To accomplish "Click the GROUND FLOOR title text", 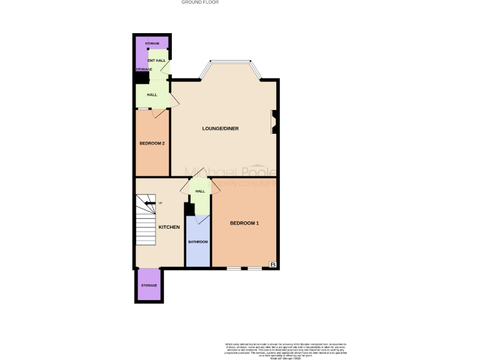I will click(x=200, y=2).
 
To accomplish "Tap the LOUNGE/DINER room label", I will click(x=220, y=129).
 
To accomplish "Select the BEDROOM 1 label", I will click(x=244, y=223).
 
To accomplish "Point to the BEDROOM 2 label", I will click(x=152, y=143).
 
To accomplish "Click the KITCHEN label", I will click(x=169, y=227).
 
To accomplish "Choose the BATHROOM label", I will click(x=198, y=242).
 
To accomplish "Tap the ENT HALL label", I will click(x=156, y=61).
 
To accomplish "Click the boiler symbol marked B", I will click(x=272, y=265).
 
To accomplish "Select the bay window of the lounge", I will click(x=231, y=62).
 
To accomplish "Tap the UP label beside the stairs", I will click(x=161, y=203).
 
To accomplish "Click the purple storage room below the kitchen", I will click(x=149, y=286).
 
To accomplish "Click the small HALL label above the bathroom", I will click(x=200, y=191).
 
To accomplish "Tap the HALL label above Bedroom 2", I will click(x=152, y=95).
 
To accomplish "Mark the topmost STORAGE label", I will click(x=152, y=43).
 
